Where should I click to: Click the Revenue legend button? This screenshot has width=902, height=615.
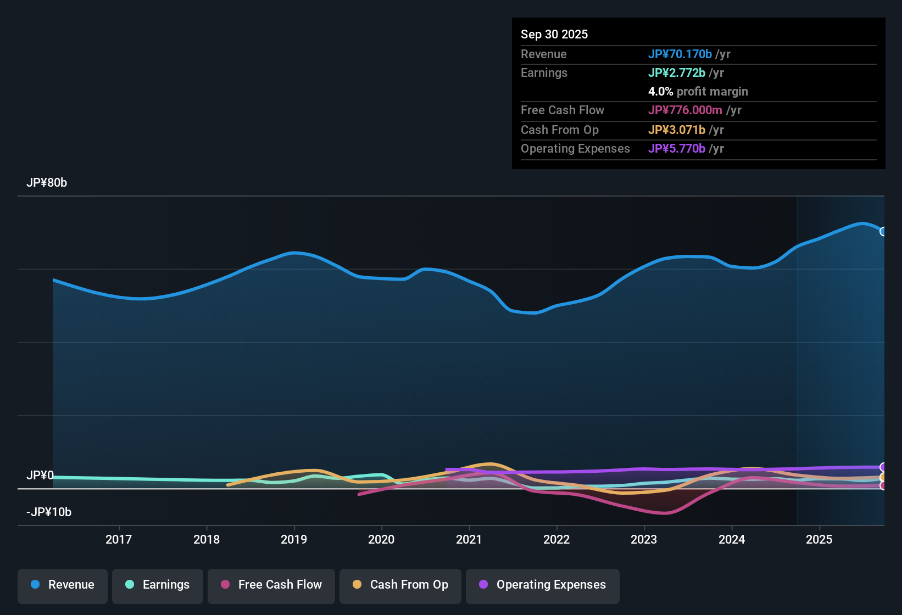[63, 585]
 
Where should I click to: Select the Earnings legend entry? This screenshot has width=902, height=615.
[158, 585]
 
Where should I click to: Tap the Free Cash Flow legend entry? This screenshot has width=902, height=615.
[271, 585]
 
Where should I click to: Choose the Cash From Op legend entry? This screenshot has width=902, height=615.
[400, 585]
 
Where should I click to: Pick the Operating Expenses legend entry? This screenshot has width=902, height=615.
[543, 585]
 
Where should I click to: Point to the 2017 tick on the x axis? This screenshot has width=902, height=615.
[119, 539]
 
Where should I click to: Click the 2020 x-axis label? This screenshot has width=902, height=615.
[381, 539]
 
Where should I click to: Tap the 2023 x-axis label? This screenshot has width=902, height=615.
[644, 539]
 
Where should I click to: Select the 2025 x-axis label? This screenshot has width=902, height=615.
[819, 539]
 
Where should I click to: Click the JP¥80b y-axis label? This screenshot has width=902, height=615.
[47, 183]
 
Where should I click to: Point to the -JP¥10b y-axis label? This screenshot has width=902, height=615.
[49, 512]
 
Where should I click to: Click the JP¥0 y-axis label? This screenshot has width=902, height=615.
[40, 476]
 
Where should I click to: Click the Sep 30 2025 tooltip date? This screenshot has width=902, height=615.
[554, 34]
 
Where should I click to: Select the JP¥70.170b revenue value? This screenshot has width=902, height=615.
[680, 54]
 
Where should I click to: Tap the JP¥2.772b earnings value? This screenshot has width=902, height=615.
[677, 72]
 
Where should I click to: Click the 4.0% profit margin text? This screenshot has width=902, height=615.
[698, 91]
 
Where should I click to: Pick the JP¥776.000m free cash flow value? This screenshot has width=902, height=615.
[685, 110]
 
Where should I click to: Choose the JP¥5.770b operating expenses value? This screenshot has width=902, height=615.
[677, 148]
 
